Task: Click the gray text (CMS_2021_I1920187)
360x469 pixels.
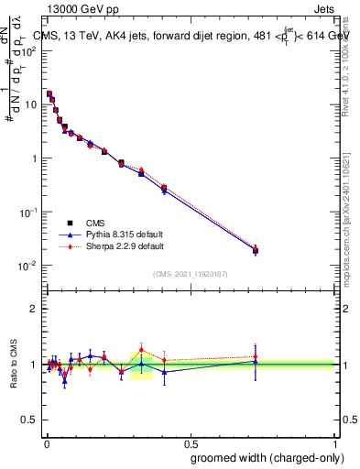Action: pos(191,274)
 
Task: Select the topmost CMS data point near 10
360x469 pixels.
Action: pos(49,93)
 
